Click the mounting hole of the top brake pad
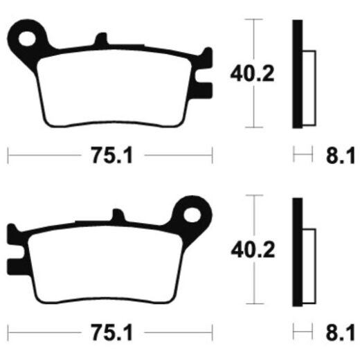click(x=27, y=39)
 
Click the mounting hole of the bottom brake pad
click(x=192, y=215)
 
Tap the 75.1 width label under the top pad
click(x=112, y=155)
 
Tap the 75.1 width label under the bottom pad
click(x=112, y=332)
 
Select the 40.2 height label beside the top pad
click(x=252, y=74)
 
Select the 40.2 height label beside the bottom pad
click(x=253, y=250)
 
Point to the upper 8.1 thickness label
click(x=340, y=156)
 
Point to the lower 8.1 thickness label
click(x=340, y=332)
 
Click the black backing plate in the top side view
click(x=298, y=74)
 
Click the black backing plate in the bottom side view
click(x=298, y=252)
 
